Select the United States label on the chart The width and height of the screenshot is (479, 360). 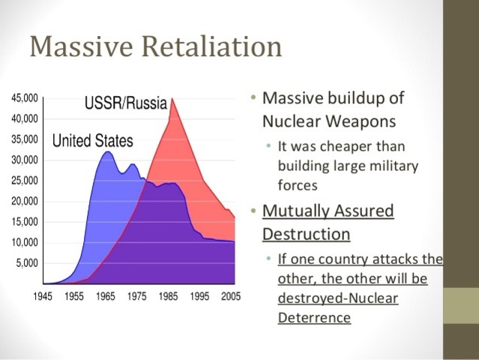pyautogui.click(x=92, y=140)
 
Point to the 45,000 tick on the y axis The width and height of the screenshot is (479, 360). pyautogui.click(x=25, y=98)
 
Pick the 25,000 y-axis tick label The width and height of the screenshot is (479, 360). pyautogui.click(x=25, y=181)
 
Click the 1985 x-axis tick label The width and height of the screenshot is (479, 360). pyautogui.click(x=167, y=296)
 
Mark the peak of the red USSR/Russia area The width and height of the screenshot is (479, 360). pyautogui.click(x=172, y=99)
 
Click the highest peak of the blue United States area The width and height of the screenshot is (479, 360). pyautogui.click(x=107, y=152)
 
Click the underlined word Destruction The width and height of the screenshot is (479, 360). pyautogui.click(x=306, y=234)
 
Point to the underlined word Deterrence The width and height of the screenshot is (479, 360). pyautogui.click(x=314, y=316)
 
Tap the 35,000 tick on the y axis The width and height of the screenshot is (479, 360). pyautogui.click(x=25, y=139)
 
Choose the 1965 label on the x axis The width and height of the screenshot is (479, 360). pyautogui.click(x=105, y=296)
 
